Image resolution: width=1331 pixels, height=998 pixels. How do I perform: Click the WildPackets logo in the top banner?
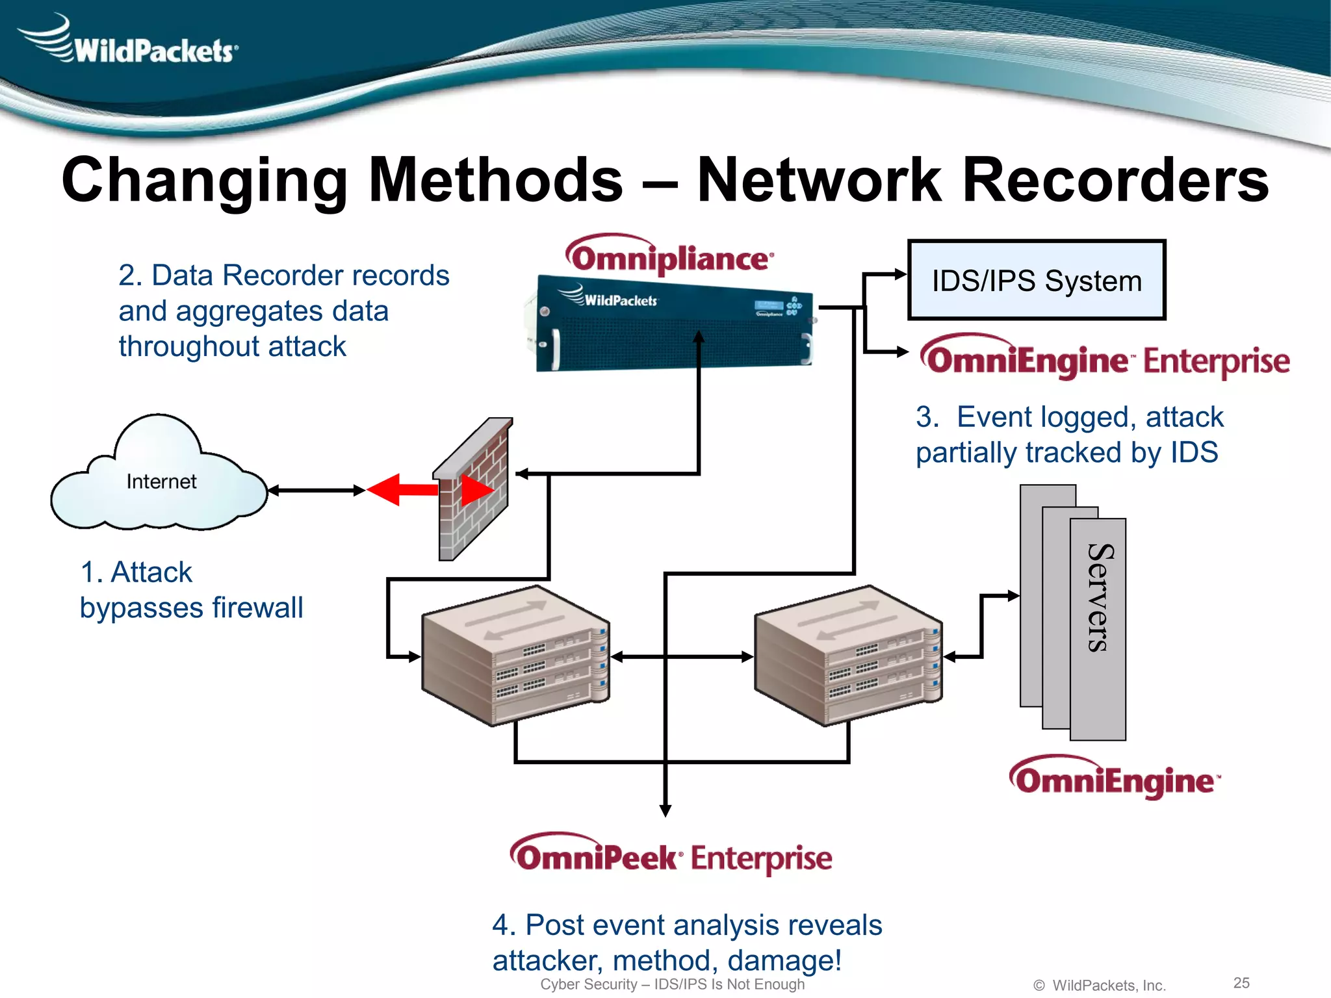point(130,42)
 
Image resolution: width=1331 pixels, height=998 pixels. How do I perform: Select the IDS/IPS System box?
point(1036,281)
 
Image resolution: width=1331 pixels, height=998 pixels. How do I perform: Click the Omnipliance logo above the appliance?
point(669,257)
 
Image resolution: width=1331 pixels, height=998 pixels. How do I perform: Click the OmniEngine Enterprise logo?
point(1105,359)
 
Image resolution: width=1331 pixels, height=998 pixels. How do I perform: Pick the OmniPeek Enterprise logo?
point(671,856)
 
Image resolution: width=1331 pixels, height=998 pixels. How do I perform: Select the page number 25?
point(1241,982)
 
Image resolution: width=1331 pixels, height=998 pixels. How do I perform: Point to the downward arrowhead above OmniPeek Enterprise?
point(665,810)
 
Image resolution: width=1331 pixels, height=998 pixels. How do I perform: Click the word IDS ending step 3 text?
point(1193,453)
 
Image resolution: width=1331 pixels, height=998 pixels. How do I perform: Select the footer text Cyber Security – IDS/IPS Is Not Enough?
point(672,984)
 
